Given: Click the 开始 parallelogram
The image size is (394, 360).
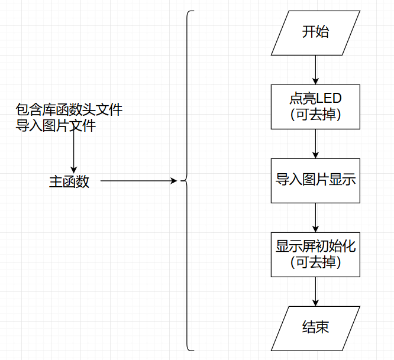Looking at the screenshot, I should [x=315, y=33].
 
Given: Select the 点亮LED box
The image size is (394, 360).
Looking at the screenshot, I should [x=315, y=106].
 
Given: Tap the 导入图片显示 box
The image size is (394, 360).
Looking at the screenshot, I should [x=315, y=180].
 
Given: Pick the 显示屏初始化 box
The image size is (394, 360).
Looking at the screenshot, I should [x=315, y=254].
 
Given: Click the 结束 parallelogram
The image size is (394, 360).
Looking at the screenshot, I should [x=315, y=327].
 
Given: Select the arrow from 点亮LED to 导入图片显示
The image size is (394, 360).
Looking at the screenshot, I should [x=315, y=143].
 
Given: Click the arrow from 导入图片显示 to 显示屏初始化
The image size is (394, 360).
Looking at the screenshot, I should [x=315, y=217].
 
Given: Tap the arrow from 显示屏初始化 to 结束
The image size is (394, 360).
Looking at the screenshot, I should [x=315, y=291].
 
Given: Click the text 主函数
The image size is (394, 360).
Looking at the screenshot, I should [x=69, y=181].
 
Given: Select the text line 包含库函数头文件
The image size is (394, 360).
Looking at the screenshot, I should [x=69, y=110].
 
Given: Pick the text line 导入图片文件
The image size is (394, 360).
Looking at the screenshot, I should [x=56, y=125].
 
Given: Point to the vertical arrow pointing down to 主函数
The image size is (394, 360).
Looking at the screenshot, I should [x=73, y=151].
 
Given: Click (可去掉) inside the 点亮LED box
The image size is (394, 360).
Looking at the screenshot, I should [x=315, y=115].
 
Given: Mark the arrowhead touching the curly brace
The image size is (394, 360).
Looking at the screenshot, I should [x=175, y=181].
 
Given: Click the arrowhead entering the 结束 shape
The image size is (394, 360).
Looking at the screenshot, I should [x=315, y=302].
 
